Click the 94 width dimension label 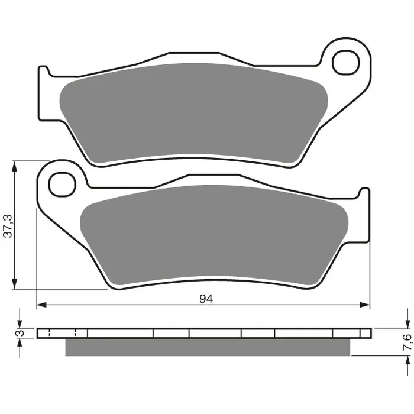pyautogui.click(x=206, y=299)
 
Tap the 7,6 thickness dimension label pyautogui.click(x=407, y=342)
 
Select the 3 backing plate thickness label pyautogui.click(x=20, y=333)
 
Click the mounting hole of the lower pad pyautogui.click(x=62, y=184)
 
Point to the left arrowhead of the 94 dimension pyautogui.click(x=41, y=305)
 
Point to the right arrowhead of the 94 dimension pyautogui.click(x=365, y=305)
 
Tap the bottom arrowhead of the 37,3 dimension pyautogui.click(x=15, y=284)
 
